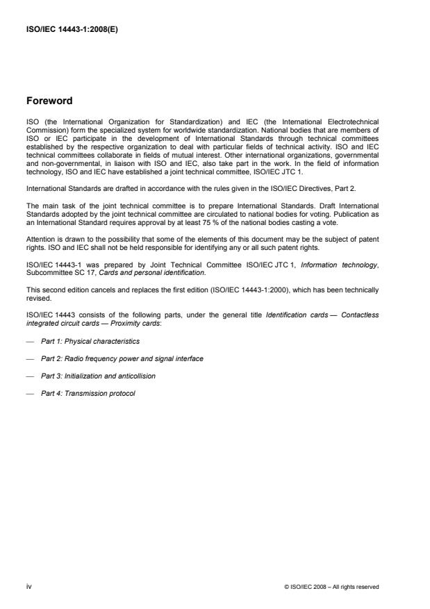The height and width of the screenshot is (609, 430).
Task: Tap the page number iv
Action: click(x=29, y=586)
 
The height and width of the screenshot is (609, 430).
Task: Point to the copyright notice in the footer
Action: click(x=332, y=587)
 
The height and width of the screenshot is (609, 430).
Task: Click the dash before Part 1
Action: click(x=29, y=341)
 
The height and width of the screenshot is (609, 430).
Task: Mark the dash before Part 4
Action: click(x=29, y=393)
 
